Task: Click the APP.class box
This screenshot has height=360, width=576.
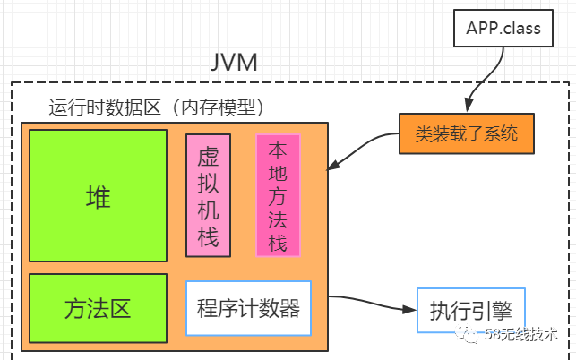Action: [x=503, y=28]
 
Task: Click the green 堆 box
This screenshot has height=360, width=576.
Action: [x=99, y=196]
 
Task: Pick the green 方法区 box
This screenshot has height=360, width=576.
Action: [x=99, y=309]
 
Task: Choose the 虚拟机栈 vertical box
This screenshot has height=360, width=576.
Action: [x=209, y=195]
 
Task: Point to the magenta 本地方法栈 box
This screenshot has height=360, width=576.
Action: [x=278, y=195]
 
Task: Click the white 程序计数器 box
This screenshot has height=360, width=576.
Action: [x=248, y=309]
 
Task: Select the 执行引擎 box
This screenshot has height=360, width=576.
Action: [x=471, y=310]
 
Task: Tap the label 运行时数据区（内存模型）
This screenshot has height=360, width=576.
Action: [x=156, y=107]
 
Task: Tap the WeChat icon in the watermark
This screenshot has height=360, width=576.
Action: [x=493, y=334]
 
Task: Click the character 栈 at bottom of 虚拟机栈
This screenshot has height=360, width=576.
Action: [x=209, y=237]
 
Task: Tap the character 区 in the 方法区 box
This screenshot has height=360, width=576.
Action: [x=120, y=309]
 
